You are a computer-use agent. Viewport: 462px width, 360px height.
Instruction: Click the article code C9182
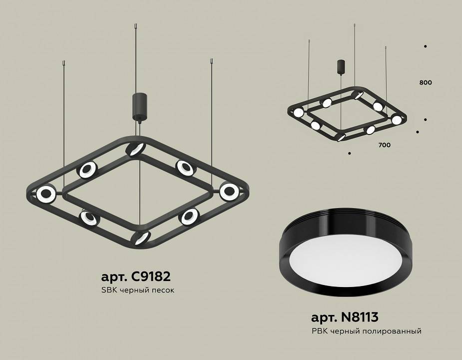click(136, 276)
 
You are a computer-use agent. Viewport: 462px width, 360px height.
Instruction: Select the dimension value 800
click(426, 82)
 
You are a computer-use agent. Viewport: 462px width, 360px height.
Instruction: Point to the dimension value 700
click(384, 145)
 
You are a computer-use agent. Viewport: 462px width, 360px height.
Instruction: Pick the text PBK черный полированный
click(366, 331)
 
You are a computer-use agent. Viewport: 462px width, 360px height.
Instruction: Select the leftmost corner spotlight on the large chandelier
click(46, 193)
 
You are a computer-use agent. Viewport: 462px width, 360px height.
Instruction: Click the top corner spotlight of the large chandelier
click(135, 149)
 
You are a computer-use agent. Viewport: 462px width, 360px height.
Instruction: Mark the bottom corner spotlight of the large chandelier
click(141, 237)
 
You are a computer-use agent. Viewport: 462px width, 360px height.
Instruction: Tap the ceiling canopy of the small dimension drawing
click(341, 66)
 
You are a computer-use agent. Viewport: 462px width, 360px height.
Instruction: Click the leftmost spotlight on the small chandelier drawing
click(298, 112)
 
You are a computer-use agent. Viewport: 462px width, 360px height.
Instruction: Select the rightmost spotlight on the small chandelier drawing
click(397, 120)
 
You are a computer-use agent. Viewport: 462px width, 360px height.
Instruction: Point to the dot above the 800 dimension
click(425, 46)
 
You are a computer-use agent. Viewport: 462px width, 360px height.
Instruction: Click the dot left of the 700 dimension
click(349, 153)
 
